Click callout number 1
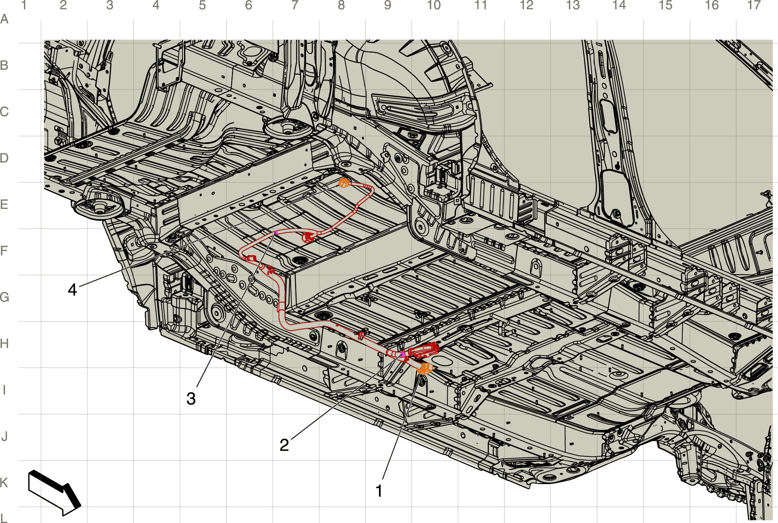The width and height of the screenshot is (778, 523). coord(379,491)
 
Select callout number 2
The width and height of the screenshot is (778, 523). coord(284,445)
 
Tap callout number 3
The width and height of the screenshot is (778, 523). coord(191,399)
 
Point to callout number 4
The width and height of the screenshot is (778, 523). coord(72,289)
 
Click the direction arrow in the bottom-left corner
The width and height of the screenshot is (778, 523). coord(54,493)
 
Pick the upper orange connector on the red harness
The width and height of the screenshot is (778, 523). coord(344,183)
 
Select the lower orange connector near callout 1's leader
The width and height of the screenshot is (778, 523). coord(425,369)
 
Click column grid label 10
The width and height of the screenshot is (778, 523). coord(434,5)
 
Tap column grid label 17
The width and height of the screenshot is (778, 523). coord(754,5)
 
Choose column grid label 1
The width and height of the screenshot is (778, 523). coord(24,5)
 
